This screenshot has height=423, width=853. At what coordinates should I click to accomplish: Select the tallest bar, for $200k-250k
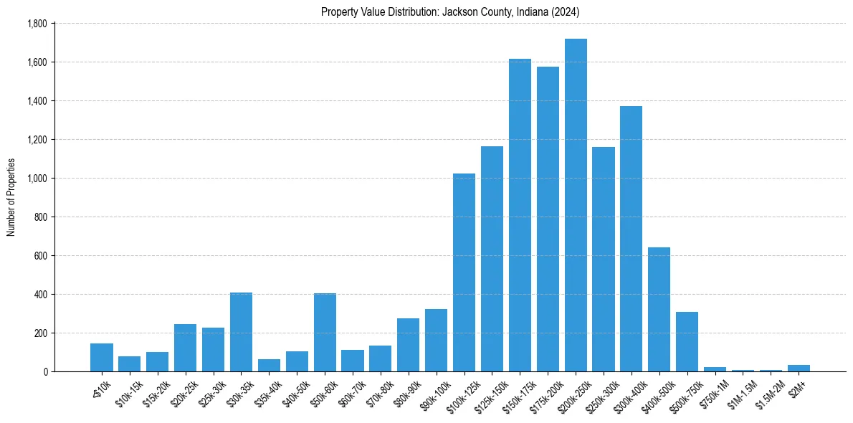tap(576, 205)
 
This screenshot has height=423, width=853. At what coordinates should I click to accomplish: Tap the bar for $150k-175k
tap(520, 215)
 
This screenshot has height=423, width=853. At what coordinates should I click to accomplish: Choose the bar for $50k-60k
tap(325, 332)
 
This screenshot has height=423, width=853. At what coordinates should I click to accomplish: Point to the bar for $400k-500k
tap(659, 309)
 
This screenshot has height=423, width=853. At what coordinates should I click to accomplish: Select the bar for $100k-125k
tap(464, 272)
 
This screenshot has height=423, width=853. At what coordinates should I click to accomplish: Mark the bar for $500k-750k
tap(687, 341)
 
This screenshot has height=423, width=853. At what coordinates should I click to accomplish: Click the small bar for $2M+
tap(799, 368)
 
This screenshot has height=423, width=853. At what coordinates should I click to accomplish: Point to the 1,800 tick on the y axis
tap(37, 24)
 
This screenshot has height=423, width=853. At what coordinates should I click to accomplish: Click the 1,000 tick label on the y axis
tap(37, 179)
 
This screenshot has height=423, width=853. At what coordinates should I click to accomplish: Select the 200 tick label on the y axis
tap(41, 333)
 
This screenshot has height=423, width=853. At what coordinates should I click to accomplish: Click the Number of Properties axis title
tap(11, 197)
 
